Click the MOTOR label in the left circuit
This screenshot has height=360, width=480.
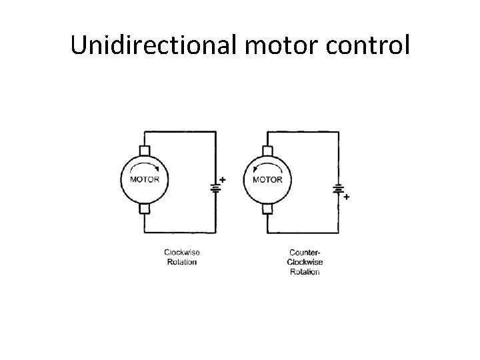coord(144,179)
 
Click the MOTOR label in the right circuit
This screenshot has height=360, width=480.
coord(268,179)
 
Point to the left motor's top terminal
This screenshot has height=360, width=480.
coord(144,151)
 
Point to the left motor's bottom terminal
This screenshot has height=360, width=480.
coord(144,209)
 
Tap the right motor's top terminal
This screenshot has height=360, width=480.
coord(268,151)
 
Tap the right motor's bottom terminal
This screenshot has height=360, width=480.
coord(268,209)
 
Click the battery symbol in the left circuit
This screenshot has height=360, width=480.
coord(215,186)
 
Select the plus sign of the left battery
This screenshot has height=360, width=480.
coord(223,179)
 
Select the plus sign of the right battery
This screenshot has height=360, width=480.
coord(347,197)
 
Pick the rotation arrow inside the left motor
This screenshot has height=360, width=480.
coord(144,167)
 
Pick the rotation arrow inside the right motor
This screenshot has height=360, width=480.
coord(267,167)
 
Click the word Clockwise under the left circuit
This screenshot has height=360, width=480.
coord(182,252)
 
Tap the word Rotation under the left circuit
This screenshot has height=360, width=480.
coord(182,262)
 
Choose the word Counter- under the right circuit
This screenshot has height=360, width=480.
coord(305,252)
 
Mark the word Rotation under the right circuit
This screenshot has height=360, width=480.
coord(305,272)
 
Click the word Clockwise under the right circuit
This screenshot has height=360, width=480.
coord(305,262)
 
